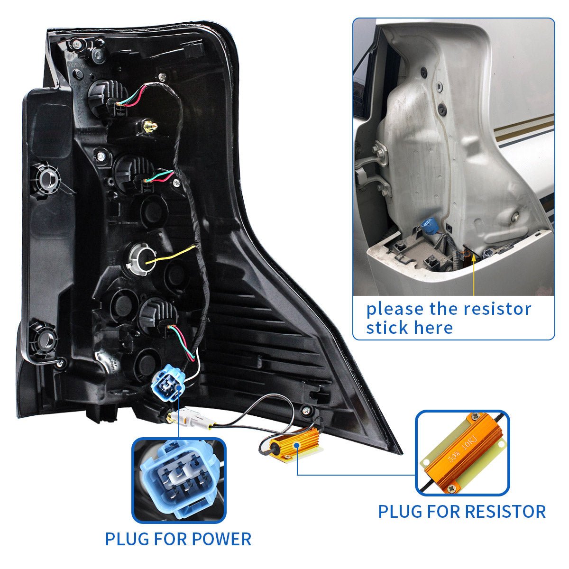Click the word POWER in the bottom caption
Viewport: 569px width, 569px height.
click(x=221, y=539)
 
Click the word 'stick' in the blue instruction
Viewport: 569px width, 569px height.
click(x=386, y=327)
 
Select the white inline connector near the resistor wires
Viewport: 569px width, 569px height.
click(x=190, y=420)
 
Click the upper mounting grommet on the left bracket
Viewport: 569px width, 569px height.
click(x=47, y=178)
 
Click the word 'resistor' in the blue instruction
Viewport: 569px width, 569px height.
click(x=497, y=309)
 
